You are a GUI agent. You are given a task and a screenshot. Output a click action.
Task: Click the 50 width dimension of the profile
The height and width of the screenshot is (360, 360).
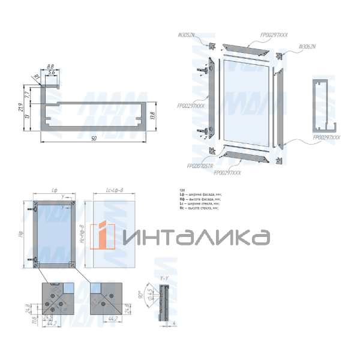(93, 139)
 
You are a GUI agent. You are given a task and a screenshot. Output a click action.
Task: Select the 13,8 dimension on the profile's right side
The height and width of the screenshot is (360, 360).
(152, 115)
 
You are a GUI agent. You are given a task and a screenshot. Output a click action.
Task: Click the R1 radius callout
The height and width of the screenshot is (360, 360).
(35, 77)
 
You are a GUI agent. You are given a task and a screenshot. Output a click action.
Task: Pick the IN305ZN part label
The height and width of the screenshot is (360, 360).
(202, 36)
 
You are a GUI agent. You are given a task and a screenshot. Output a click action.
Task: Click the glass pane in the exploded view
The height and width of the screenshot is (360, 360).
(246, 99)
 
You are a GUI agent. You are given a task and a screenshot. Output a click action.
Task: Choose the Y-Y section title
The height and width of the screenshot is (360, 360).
(164, 278)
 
